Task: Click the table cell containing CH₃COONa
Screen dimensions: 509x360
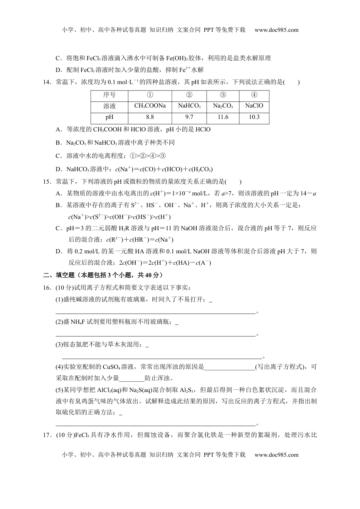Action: coord(150,106)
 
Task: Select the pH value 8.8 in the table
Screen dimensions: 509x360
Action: coord(150,117)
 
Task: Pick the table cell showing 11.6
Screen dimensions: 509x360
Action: coord(223,117)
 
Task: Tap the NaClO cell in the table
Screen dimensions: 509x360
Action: coord(254,106)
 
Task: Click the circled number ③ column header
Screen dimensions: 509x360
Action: coord(223,95)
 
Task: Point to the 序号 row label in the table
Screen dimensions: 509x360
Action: coord(110,95)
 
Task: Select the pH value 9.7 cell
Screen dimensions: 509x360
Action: coord(189,117)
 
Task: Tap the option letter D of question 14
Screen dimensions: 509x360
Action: coord(58,169)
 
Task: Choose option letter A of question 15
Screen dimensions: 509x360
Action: coord(58,194)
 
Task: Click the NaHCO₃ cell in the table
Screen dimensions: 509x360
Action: coord(189,106)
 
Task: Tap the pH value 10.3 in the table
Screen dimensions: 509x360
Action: coord(254,117)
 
